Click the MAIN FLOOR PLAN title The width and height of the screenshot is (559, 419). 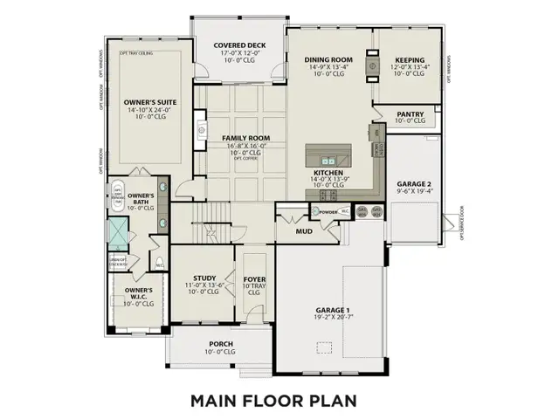[x=279, y=401]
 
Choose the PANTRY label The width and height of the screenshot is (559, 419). [x=410, y=113]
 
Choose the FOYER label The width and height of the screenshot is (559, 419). [x=255, y=279]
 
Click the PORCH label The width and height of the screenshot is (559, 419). [x=221, y=344]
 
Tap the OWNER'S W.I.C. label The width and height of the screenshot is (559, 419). [x=139, y=290]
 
